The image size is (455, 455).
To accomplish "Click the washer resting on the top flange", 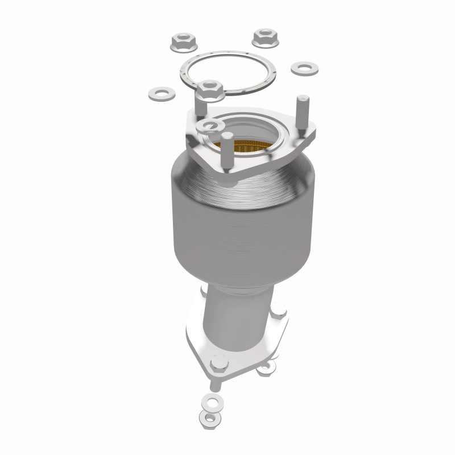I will coord(208,126).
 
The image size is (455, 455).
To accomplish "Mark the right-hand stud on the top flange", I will coord(302,111).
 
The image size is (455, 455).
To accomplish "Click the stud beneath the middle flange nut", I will coord(202,105).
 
